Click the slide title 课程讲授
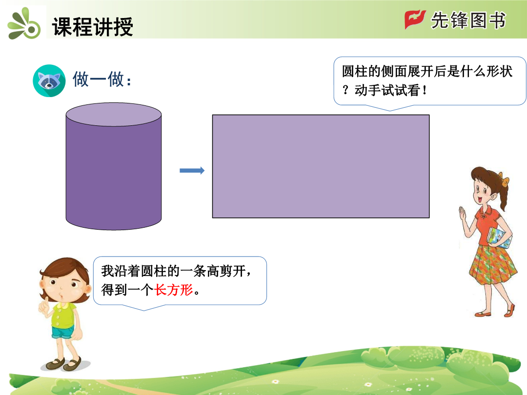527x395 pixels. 93,26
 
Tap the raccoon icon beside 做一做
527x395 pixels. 49,80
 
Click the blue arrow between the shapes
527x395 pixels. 192,171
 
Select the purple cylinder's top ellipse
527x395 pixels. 114,115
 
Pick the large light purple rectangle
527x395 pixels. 321,166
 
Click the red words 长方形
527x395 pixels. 174,290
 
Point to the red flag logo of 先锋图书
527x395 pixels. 415,20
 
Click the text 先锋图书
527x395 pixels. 468,20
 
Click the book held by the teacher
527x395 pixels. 499,238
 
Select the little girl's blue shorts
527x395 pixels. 62,332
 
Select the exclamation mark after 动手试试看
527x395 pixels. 425,90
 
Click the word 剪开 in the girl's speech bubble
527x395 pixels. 233,271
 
